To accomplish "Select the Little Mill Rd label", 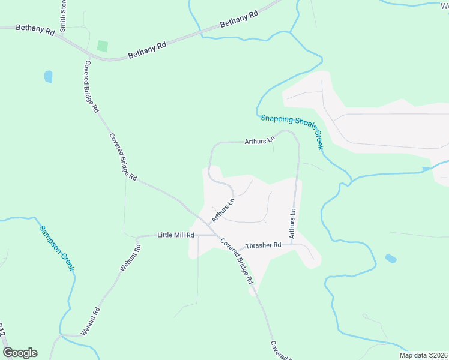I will click(176, 235).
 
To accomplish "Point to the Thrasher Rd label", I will click(264, 245).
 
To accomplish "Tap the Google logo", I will click(20, 353).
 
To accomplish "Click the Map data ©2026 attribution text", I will click(423, 355).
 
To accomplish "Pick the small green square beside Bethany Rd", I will click(103, 46).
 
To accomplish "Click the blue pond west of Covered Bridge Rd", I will click(48, 77).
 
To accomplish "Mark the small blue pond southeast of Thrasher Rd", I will click(391, 259).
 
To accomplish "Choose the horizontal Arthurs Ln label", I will click(259, 142).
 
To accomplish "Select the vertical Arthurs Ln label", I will click(293, 224).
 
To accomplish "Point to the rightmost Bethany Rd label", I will click(239, 19).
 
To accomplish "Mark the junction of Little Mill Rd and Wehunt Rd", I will click(137, 236).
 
